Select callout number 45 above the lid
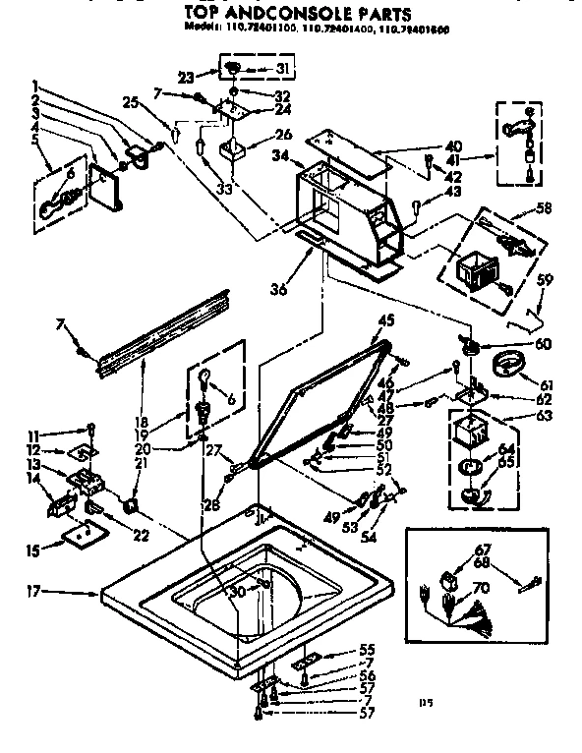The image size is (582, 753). click(385, 320)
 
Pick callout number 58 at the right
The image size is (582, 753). click(543, 208)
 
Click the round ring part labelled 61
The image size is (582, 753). click(508, 369)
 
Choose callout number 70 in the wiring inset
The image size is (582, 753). click(482, 590)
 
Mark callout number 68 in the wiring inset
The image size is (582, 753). click(482, 563)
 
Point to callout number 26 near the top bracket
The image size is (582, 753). click(282, 135)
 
